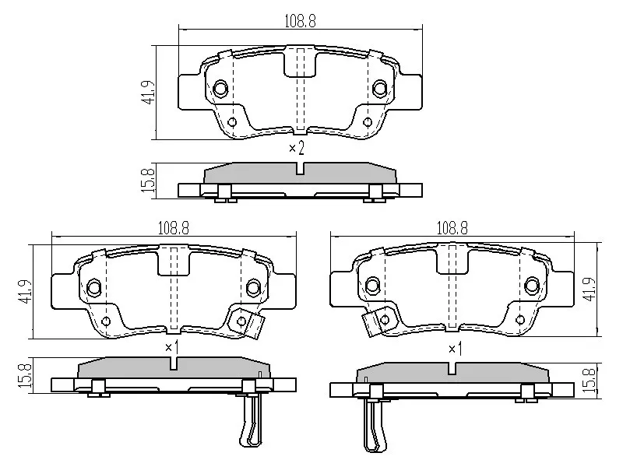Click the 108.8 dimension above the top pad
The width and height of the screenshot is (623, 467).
coord(301,22)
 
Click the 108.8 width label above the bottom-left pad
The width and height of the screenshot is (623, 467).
coord(174,228)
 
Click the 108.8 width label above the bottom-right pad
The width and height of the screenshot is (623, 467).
coord(452,228)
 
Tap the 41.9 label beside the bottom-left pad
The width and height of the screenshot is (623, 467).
coord(25,292)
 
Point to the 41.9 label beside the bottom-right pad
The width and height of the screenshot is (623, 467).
coord(590,289)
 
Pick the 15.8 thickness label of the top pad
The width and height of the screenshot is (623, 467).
coord(148,181)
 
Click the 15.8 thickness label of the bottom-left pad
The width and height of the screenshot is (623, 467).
coord(25,376)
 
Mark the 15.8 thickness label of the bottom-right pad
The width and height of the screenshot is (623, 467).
coord(590,380)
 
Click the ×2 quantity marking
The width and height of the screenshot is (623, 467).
coord(297,149)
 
